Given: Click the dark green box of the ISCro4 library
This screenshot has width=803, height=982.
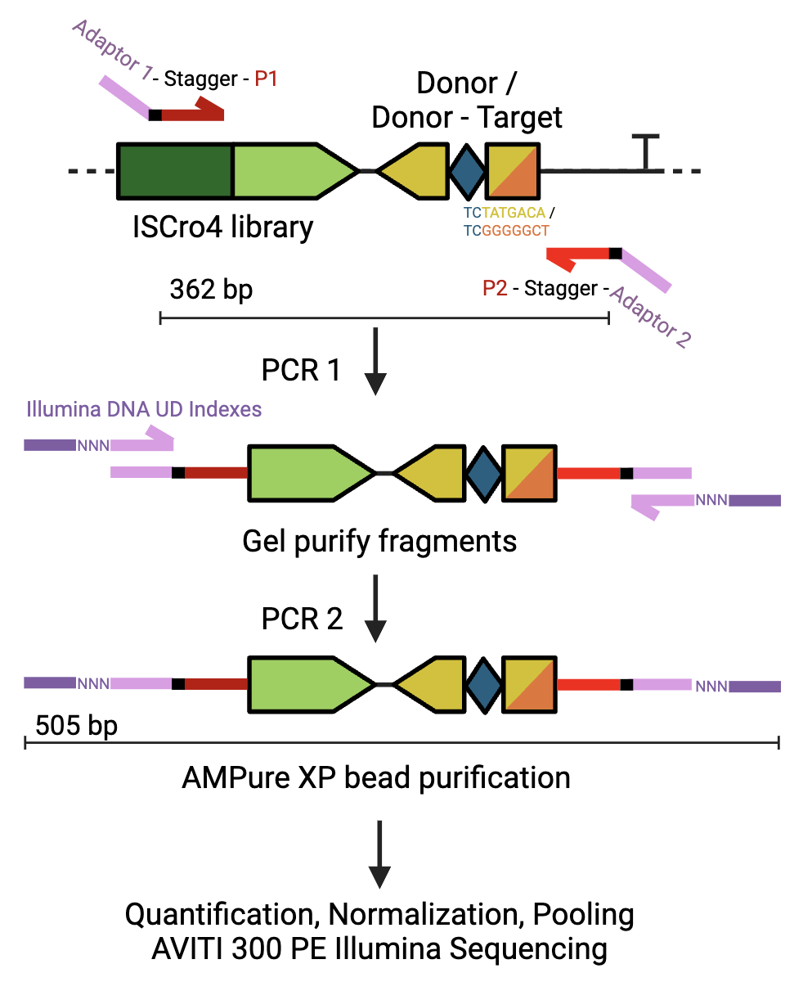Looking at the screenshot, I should click(x=175, y=171).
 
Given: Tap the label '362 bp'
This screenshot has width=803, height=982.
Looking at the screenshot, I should click(x=211, y=289).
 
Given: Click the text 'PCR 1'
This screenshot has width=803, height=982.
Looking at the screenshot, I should click(x=302, y=370).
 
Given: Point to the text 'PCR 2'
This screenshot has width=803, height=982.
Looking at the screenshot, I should click(x=302, y=619).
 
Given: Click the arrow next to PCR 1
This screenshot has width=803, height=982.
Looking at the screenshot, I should click(x=375, y=361).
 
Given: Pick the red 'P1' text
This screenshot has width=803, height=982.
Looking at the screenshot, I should click(x=267, y=79).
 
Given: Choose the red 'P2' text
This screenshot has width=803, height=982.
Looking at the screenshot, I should click(x=496, y=289).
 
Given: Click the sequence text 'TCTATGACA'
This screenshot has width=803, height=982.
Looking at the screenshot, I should click(x=505, y=213).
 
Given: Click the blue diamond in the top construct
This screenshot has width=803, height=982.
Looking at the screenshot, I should click(x=467, y=171).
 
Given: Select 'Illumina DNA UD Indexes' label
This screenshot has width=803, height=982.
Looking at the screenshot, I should click(x=144, y=408).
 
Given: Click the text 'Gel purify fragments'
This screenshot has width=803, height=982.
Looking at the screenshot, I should click(x=379, y=541).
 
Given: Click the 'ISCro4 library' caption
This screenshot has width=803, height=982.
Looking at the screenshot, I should click(x=222, y=227).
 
